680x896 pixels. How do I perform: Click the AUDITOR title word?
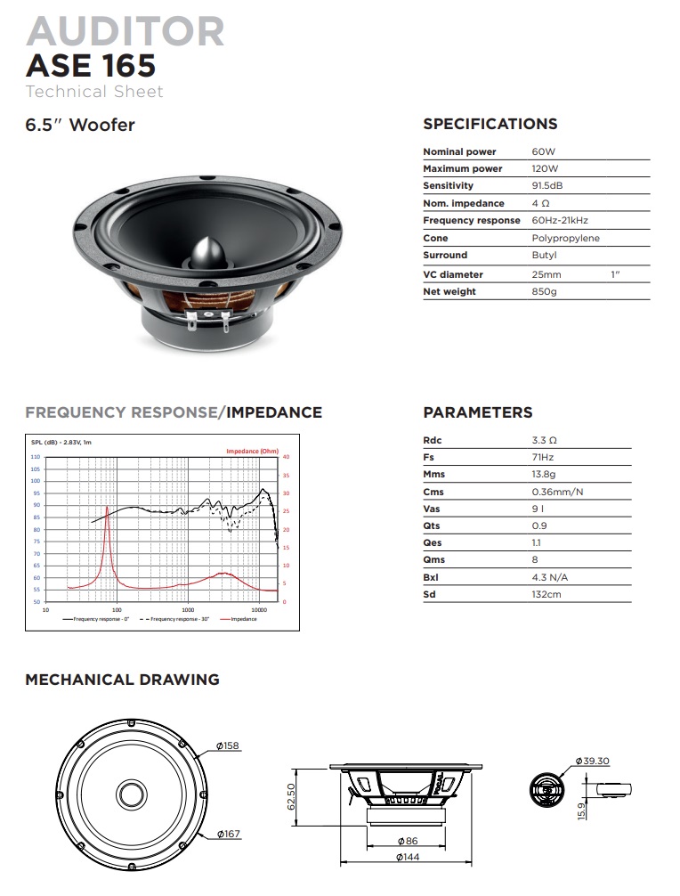(x=125, y=31)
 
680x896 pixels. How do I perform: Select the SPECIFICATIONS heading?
(x=490, y=125)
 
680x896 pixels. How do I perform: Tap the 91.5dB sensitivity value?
(x=546, y=185)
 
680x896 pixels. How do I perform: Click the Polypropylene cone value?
(x=565, y=238)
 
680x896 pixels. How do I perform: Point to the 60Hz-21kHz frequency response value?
(x=560, y=220)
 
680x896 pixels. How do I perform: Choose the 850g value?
(x=543, y=291)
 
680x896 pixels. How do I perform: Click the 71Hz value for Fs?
(x=542, y=457)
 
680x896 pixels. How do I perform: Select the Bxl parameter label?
(x=431, y=576)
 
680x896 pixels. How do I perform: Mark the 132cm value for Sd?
(x=546, y=594)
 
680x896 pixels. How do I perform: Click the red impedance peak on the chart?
(x=108, y=508)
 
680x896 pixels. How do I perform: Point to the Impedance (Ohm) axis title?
(x=252, y=451)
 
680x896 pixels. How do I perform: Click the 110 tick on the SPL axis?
(x=36, y=456)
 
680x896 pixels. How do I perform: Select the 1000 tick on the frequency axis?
(x=188, y=609)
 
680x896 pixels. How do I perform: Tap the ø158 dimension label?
(x=228, y=745)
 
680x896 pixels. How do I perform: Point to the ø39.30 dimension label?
(x=591, y=761)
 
